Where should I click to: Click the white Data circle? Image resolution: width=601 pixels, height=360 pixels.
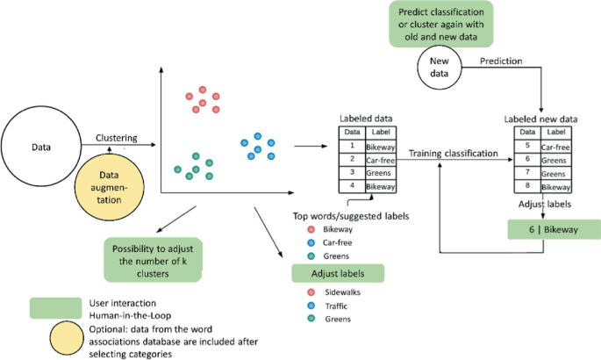(41, 146)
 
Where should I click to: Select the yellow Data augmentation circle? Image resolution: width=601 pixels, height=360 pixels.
(110, 187)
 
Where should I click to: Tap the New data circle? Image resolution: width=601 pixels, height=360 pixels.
(440, 67)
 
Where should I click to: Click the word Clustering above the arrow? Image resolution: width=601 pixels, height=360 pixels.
(117, 138)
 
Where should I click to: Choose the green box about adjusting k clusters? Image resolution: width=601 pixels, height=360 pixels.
(153, 260)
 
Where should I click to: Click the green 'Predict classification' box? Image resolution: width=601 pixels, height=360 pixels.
(441, 25)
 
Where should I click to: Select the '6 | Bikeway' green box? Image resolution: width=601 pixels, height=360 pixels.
(554, 229)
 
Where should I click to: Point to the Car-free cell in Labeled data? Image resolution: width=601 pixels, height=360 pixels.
(380, 160)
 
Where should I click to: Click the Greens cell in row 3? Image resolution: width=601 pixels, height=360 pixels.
(380, 173)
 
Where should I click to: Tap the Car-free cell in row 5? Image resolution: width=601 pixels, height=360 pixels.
(555, 147)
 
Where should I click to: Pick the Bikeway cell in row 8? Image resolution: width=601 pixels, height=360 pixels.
(555, 187)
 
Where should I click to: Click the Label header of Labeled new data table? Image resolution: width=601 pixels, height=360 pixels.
(555, 133)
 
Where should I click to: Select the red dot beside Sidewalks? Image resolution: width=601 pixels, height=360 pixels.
(311, 292)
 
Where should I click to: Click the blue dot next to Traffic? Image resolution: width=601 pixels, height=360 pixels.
(311, 306)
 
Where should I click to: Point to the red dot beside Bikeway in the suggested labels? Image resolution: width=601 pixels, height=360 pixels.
(311, 229)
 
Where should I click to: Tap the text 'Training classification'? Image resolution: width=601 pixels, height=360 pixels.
(453, 154)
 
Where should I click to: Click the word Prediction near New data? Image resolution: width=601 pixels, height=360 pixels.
(501, 61)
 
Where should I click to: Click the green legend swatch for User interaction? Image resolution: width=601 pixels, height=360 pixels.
(56, 308)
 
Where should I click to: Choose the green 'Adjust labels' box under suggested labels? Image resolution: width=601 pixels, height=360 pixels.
(338, 273)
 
